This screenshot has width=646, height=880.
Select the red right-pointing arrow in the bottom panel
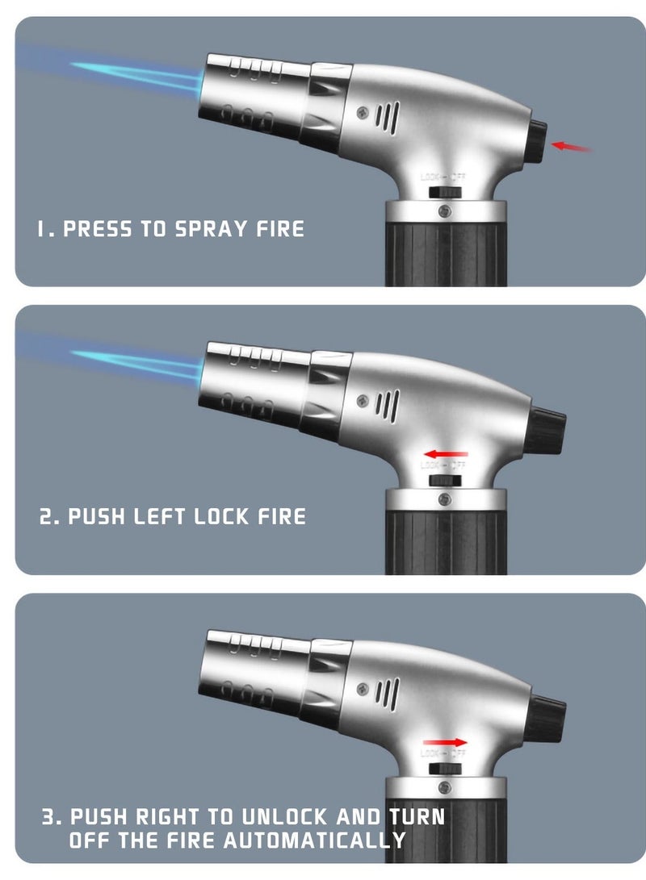tap(445, 742)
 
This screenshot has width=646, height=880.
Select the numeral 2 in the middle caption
tap(47, 516)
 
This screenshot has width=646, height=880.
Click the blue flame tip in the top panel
tap(81, 65)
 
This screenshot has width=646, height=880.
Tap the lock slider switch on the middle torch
tap(443, 479)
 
